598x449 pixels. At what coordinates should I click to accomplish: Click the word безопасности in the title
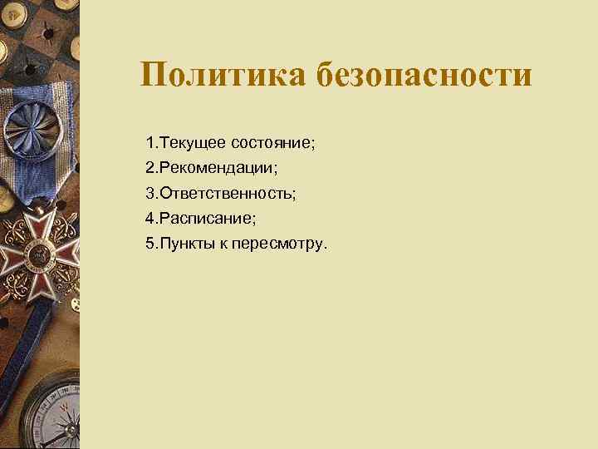424,74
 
